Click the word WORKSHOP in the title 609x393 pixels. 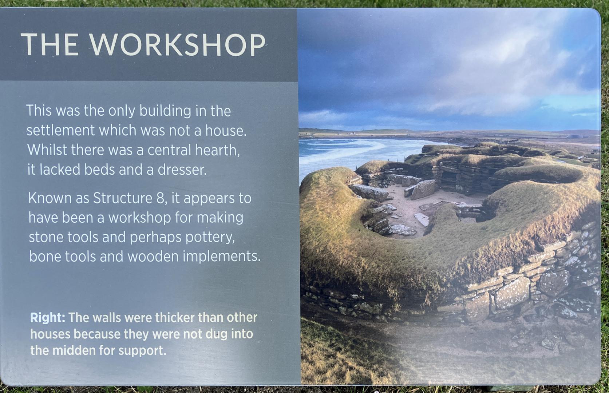(x=177, y=44)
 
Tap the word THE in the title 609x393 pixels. (x=50, y=44)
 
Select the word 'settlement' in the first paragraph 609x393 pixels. (x=60, y=130)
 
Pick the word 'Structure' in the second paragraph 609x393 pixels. (x=123, y=198)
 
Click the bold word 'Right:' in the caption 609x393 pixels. (x=48, y=318)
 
